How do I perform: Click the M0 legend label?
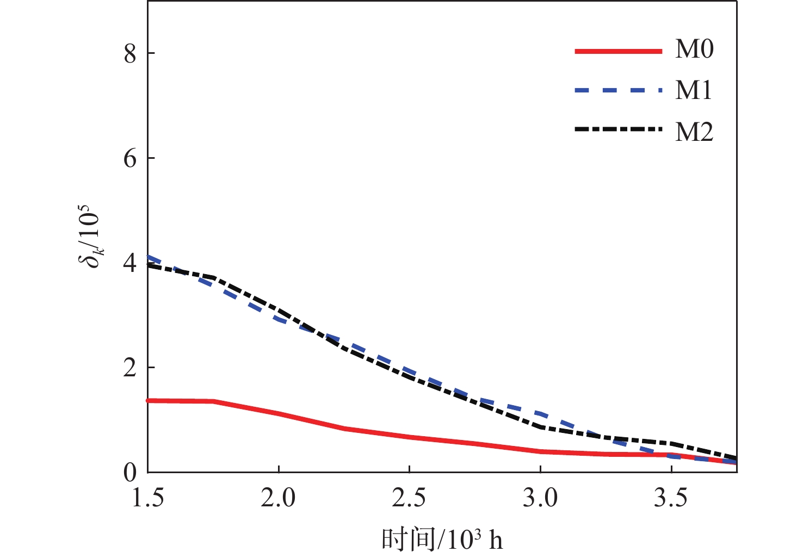(x=694, y=50)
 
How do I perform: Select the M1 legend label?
(x=694, y=90)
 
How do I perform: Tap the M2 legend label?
(x=694, y=132)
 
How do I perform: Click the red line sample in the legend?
(x=618, y=51)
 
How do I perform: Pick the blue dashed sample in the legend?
(x=618, y=91)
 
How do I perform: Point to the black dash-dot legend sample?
(x=618, y=129)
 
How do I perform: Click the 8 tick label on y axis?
(x=129, y=53)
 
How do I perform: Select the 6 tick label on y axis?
(x=129, y=158)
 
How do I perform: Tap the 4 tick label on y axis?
(x=129, y=263)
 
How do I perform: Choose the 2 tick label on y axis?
(x=129, y=368)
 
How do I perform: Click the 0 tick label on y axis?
(x=129, y=473)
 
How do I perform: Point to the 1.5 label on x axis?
(x=148, y=498)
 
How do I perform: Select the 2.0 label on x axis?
(x=279, y=498)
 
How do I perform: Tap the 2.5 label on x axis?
(x=409, y=498)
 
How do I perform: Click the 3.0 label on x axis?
(x=540, y=498)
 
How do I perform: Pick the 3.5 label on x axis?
(x=671, y=498)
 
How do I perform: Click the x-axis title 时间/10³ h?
(x=442, y=540)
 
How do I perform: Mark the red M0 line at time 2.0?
(x=279, y=414)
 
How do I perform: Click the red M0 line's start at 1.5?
(x=149, y=400)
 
